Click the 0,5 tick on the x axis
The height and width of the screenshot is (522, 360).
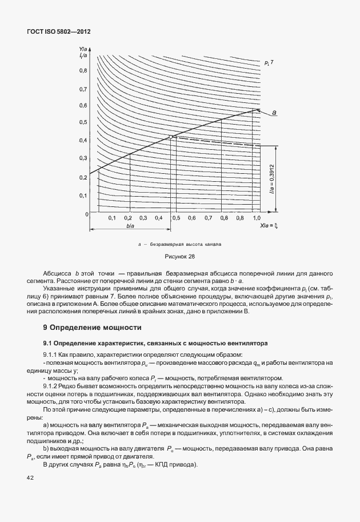tap(177, 219)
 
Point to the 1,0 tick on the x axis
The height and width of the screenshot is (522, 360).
tap(257, 219)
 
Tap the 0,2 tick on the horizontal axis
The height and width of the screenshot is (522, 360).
tap(128, 219)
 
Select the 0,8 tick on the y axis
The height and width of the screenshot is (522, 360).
tap(83, 70)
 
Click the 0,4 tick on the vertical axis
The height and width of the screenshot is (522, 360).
tap(83, 141)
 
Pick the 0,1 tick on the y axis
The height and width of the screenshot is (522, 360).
tap(83, 196)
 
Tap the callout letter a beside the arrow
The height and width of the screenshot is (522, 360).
tap(274, 113)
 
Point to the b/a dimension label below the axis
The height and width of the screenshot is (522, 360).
tap(130, 226)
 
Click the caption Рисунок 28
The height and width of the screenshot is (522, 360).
tap(179, 257)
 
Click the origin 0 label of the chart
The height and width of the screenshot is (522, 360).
tap(86, 214)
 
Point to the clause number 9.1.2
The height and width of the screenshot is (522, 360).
tap(52, 386)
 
